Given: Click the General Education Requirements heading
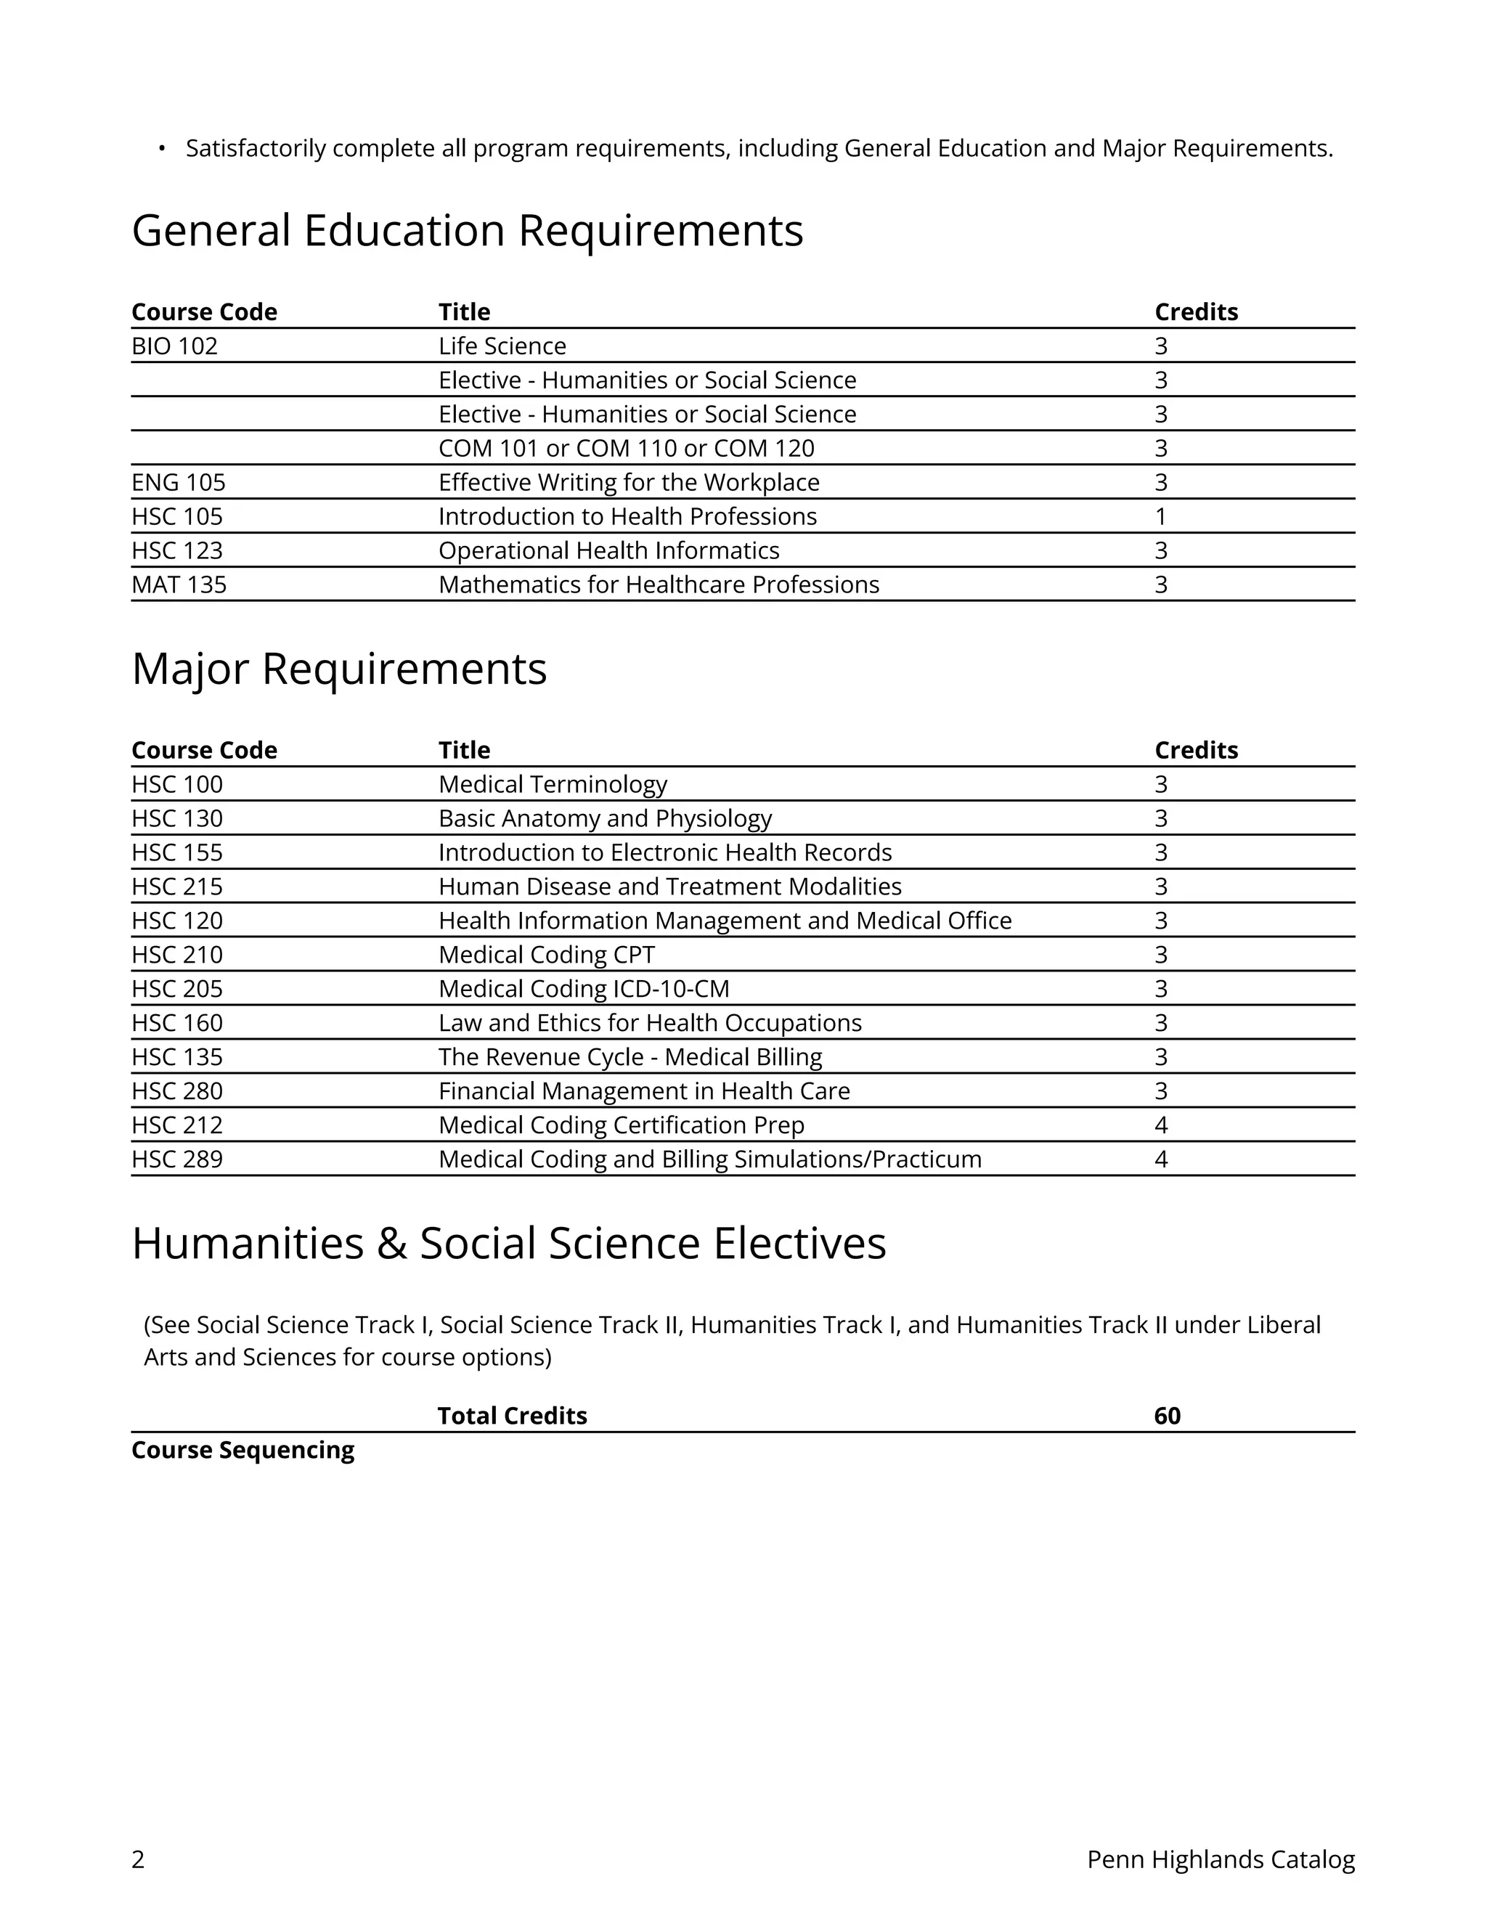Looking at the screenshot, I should (x=467, y=231).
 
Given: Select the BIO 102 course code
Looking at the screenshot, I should (x=174, y=346).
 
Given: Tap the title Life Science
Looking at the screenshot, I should (x=502, y=346).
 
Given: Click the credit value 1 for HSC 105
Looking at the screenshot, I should (x=1160, y=516).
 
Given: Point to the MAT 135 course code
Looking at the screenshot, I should (x=179, y=585).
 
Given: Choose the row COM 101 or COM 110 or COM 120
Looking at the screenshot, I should (x=627, y=449).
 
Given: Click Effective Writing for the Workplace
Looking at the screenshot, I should (x=629, y=483).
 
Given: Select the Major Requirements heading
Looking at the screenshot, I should (x=339, y=669).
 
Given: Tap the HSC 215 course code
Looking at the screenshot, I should (x=177, y=886).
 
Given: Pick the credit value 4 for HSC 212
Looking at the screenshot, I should (x=1161, y=1125).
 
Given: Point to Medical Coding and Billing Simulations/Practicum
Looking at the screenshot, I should (x=710, y=1159).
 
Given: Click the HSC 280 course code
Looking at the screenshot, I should (x=177, y=1091).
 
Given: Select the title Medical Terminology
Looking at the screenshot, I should (x=553, y=784).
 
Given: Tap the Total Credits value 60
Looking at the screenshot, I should (x=1168, y=1416).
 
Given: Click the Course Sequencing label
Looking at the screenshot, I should (x=243, y=1450).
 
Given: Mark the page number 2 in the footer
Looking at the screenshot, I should (x=138, y=1859).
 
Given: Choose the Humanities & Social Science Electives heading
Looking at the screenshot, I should (x=508, y=1244).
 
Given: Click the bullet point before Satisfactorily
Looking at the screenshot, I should (x=161, y=148).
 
